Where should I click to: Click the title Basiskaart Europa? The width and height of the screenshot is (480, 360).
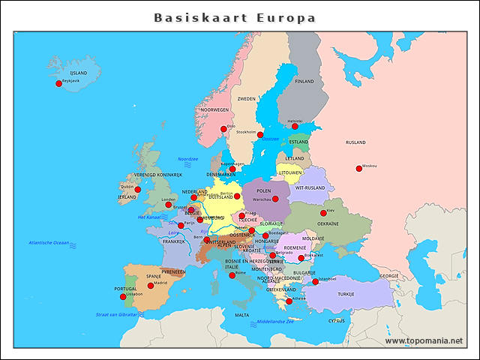point(235,17)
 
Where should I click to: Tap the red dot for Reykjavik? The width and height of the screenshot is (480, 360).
point(59,83)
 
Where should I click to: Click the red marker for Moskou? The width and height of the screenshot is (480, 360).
point(358,169)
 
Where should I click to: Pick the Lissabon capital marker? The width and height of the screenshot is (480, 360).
point(123,297)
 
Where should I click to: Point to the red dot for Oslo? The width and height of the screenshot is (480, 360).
point(223,129)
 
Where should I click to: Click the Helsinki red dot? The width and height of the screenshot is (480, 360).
point(295,126)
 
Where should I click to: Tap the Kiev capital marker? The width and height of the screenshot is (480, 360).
point(323,213)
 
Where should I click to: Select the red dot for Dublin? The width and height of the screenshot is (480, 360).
point(137,190)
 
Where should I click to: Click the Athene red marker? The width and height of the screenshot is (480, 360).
point(289,301)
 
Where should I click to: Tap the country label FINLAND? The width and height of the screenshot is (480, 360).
point(304,81)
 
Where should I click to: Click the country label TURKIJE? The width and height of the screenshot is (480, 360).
point(345,294)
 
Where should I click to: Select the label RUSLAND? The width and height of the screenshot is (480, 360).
point(355,142)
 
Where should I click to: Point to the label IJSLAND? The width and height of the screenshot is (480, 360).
point(78,73)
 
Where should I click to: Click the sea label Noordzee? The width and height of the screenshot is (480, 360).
point(187,159)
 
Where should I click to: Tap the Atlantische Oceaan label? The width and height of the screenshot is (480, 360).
point(49,243)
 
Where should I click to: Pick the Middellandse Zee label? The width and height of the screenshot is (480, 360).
point(275,321)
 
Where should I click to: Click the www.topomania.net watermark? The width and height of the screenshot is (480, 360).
point(424,340)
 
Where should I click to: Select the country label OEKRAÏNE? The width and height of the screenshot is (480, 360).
point(328,223)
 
